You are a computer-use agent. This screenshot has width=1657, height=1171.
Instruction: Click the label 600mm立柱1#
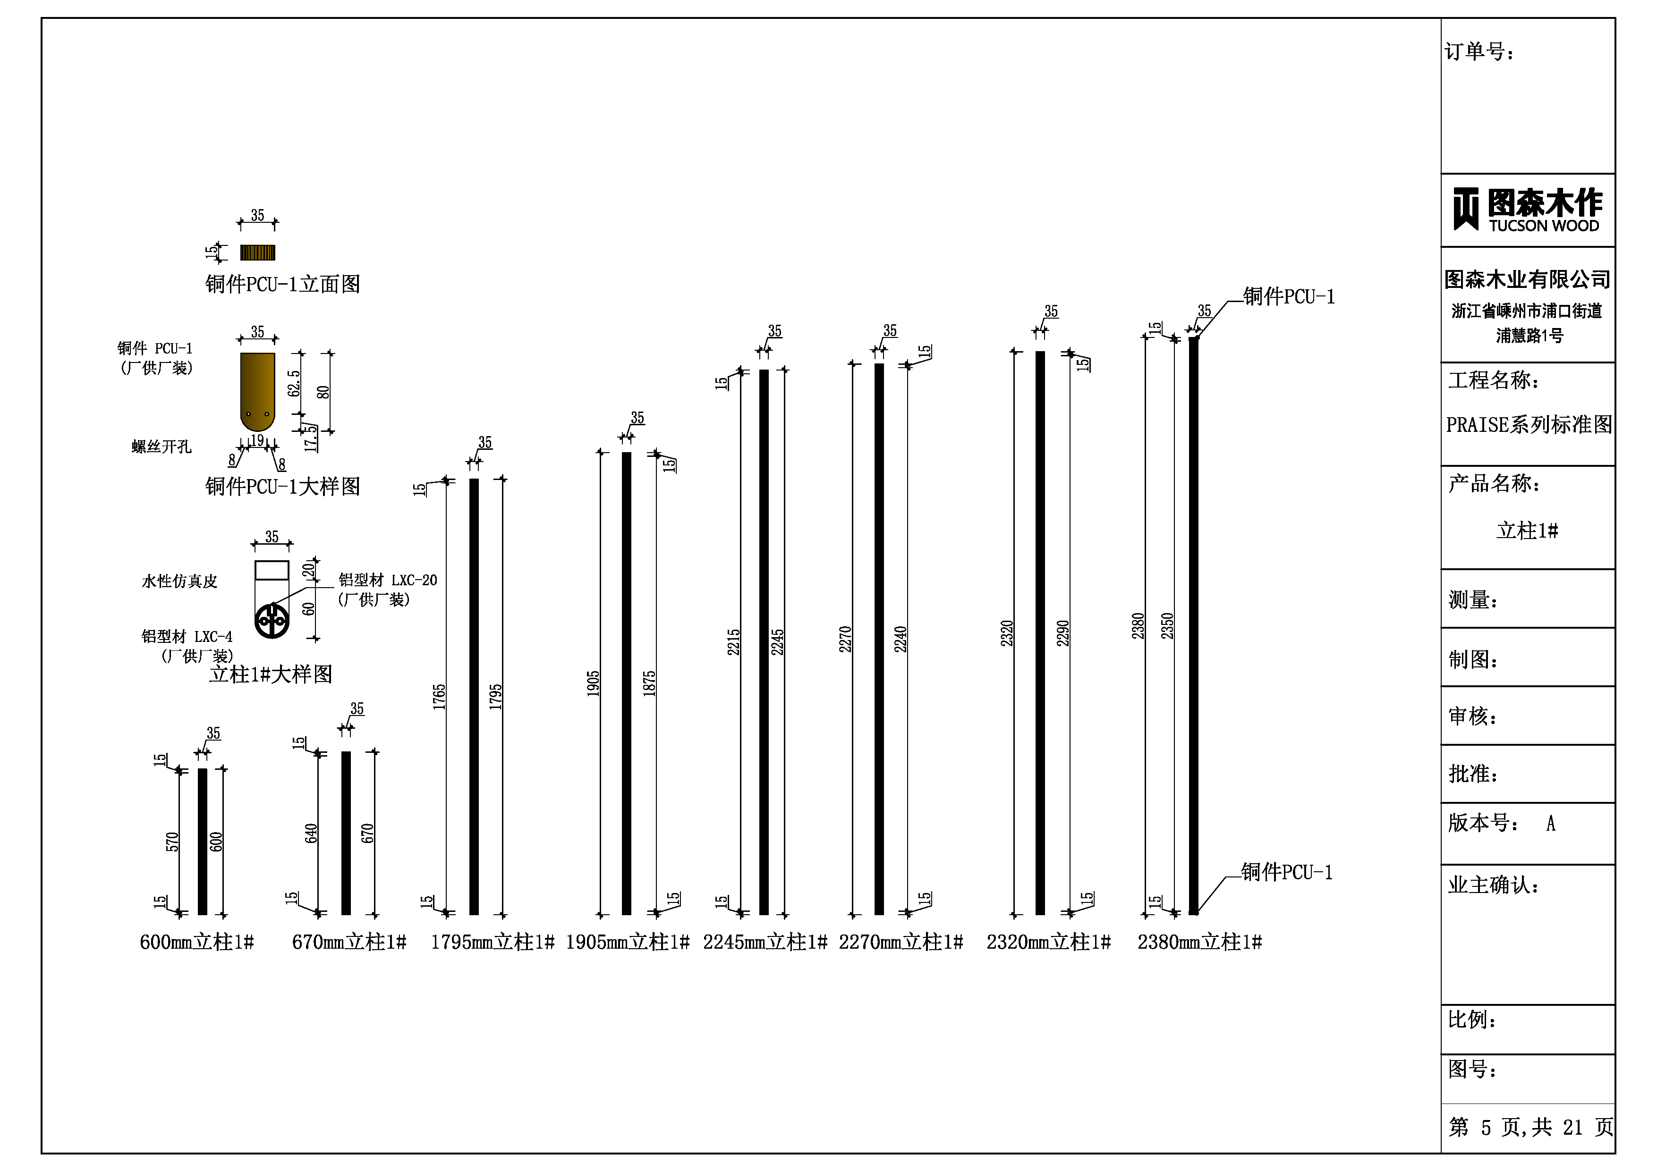(197, 942)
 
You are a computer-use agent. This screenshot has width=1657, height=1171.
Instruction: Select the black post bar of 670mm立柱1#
(347, 834)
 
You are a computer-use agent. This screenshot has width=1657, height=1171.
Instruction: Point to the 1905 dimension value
(593, 683)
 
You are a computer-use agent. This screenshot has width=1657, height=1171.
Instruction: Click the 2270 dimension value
(845, 639)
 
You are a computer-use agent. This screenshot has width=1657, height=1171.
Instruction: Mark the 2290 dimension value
(1063, 633)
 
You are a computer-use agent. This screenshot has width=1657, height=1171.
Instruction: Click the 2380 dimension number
(1138, 625)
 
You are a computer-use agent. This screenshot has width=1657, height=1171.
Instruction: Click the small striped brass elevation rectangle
(258, 253)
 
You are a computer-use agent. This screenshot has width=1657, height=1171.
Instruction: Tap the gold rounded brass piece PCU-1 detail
(258, 392)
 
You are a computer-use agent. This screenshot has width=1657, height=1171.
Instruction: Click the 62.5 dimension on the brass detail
(294, 383)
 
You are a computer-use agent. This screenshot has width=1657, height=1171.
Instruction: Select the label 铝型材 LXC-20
(388, 580)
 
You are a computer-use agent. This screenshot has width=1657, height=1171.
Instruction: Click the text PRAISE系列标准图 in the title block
(1529, 424)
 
